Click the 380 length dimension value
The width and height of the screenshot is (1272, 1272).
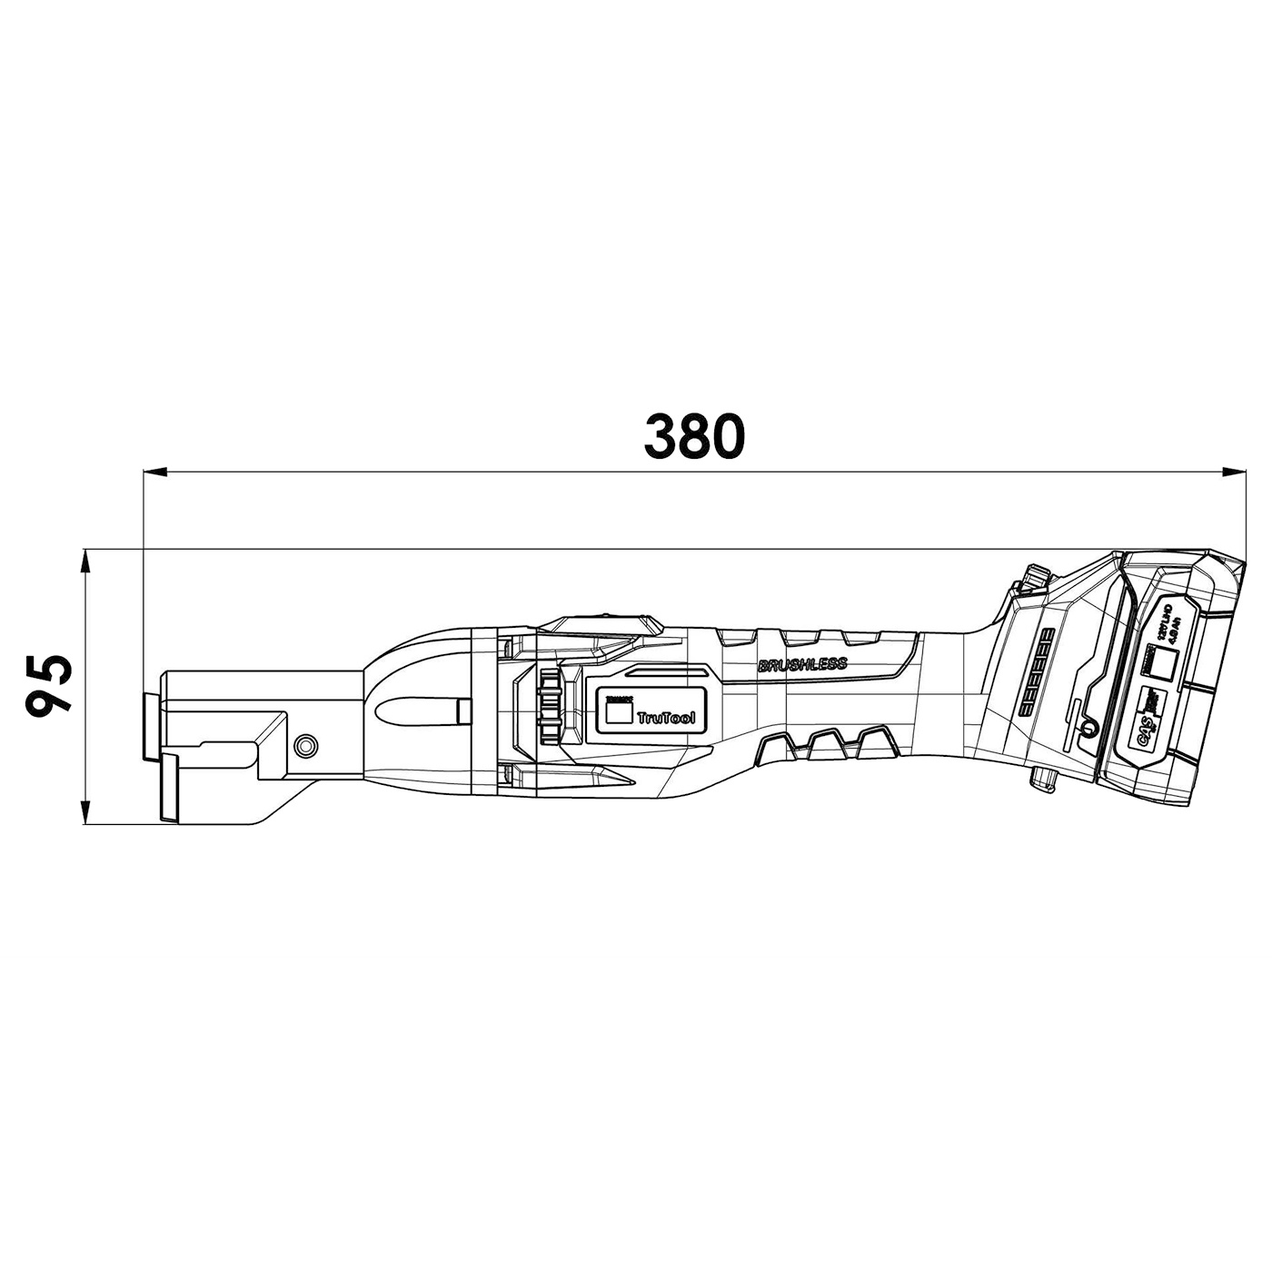(x=694, y=437)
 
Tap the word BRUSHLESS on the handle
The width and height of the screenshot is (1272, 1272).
(x=802, y=664)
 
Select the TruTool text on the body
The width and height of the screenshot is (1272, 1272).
(x=666, y=718)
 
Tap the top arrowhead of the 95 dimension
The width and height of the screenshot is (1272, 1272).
(x=86, y=561)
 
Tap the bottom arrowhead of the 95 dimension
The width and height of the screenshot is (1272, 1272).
(x=86, y=812)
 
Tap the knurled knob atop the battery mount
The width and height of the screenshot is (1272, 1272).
(x=1034, y=577)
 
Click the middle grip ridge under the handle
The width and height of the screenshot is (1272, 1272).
(x=827, y=740)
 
